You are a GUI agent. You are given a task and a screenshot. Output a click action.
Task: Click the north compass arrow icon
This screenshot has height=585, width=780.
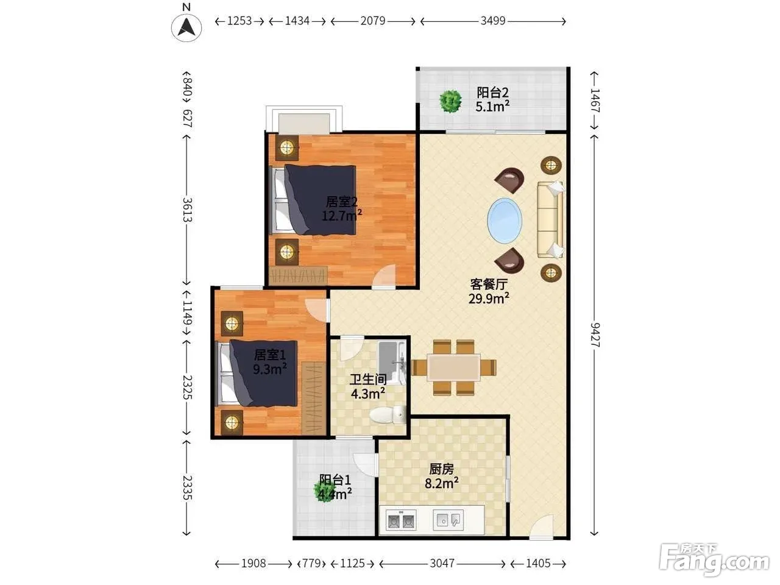[x=186, y=27]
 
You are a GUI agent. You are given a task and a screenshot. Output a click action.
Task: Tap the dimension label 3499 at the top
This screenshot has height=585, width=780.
[x=493, y=21]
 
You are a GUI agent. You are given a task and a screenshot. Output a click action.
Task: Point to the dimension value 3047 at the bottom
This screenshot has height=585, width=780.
[x=442, y=563]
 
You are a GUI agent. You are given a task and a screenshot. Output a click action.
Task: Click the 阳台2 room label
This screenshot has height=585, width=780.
[x=492, y=93]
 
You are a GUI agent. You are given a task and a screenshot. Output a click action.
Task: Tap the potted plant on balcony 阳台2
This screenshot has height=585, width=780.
[x=450, y=101]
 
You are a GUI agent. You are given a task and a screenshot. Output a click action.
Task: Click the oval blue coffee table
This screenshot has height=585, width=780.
[x=505, y=221]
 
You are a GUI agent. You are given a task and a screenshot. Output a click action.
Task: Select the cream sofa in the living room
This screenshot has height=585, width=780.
[x=550, y=219]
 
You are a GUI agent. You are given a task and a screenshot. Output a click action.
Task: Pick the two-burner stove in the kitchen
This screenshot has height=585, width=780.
[x=401, y=520]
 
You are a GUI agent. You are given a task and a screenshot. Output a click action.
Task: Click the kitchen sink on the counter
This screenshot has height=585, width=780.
[x=448, y=520]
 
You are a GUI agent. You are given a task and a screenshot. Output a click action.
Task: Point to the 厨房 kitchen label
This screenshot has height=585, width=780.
[x=442, y=469]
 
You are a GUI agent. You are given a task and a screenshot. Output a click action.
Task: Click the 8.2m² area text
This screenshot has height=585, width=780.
[x=442, y=483]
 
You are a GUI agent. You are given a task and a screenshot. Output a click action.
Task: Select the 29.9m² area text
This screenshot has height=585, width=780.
[x=489, y=299]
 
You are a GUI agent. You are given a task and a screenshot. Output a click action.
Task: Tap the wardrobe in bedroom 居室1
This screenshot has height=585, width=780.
[x=313, y=398]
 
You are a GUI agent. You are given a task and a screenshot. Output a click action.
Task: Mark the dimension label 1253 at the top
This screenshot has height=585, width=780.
[x=239, y=21]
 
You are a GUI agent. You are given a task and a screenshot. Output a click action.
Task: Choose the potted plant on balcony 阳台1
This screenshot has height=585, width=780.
[x=324, y=491]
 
